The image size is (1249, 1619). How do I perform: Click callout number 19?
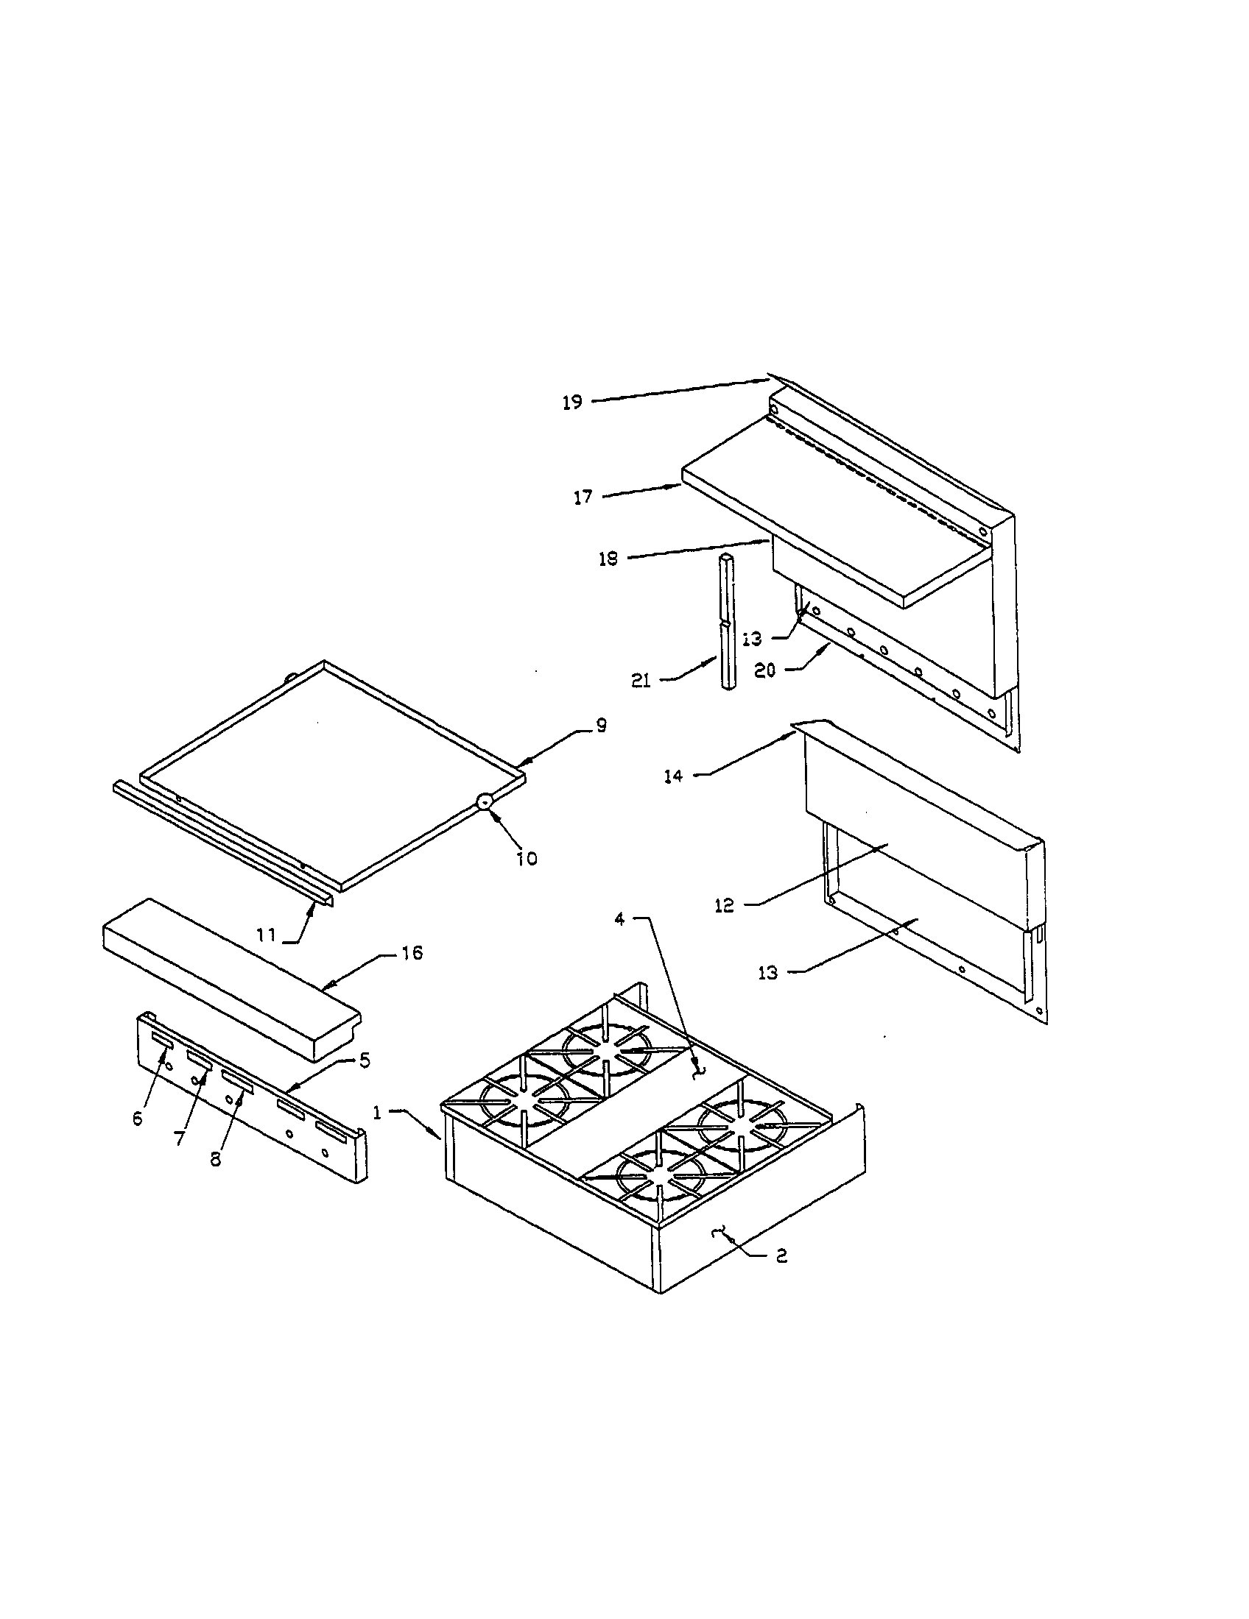click(571, 403)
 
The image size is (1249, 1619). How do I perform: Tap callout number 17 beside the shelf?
click(584, 497)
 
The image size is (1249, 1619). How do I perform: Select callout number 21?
click(641, 681)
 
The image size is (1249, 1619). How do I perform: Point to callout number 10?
click(527, 858)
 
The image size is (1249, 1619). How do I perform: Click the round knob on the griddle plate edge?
click(484, 800)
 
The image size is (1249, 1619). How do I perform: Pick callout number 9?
click(600, 725)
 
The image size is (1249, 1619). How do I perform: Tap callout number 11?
click(267, 935)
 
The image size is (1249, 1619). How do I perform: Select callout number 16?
click(412, 953)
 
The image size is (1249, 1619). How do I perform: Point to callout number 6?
click(137, 1119)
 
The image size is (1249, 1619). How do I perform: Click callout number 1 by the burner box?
click(378, 1113)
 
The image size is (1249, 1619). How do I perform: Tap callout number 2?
click(781, 1255)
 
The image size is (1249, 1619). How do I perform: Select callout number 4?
click(620, 919)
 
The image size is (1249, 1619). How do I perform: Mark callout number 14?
click(672, 777)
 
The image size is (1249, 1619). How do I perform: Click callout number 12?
click(724, 905)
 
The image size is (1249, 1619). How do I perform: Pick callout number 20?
click(765, 670)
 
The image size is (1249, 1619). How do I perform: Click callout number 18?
click(608, 559)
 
